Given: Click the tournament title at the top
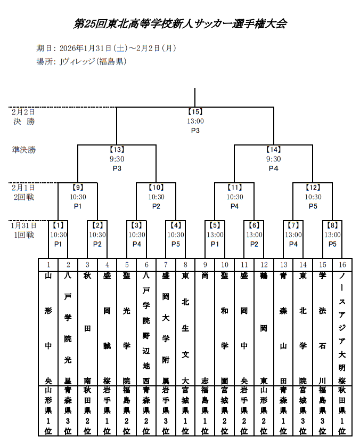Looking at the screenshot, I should pyautogui.click(x=180, y=24).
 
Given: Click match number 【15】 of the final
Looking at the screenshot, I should pyautogui.click(x=195, y=112).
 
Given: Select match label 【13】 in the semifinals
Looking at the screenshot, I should pyautogui.click(x=117, y=150).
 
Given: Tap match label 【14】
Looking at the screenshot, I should pyautogui.click(x=273, y=150).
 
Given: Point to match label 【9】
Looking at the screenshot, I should pyautogui.click(x=78, y=188).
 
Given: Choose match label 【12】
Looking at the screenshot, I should pyautogui.click(x=313, y=188).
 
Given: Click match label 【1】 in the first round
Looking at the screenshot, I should pyautogui.click(x=59, y=225).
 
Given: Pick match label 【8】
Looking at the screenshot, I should pyautogui.click(x=333, y=225).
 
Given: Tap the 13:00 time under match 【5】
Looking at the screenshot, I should pyautogui.click(x=215, y=234).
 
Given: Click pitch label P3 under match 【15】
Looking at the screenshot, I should pyautogui.click(x=195, y=131).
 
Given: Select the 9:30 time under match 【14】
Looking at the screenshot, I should pyautogui.click(x=273, y=159).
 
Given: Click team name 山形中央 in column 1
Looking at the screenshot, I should pyautogui.click(x=48, y=328).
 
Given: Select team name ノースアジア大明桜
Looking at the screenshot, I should pyautogui.click(x=342, y=328).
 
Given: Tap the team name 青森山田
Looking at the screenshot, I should pyautogui.click(x=283, y=328).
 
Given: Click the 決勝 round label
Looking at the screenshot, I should pyautogui.click(x=24, y=122).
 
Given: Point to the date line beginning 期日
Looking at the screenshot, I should pyautogui.click(x=106, y=48).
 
